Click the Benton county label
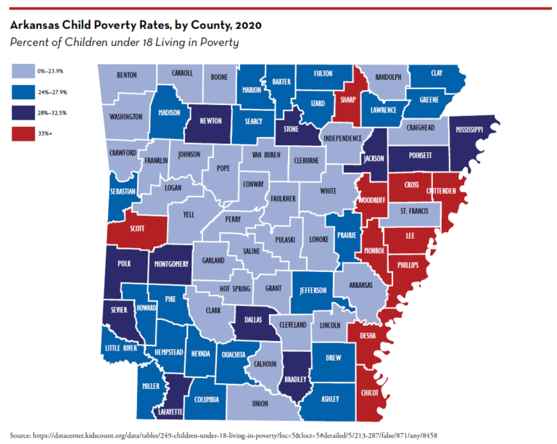tap(127, 75)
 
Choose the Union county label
tap(260, 403)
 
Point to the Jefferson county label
tap(313, 291)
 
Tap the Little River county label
tap(121, 348)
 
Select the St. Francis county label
tap(419, 212)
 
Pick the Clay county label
tap(437, 73)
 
